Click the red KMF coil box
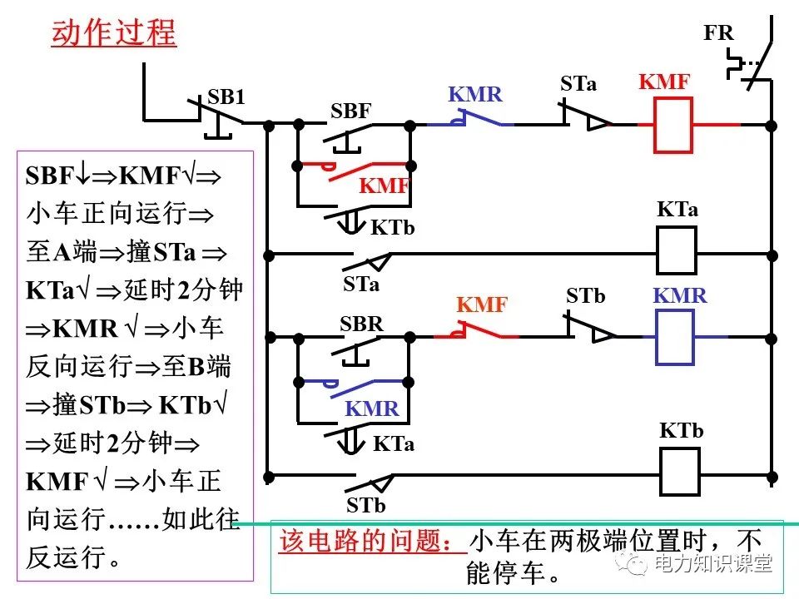click(672, 126)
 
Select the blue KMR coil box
click(675, 337)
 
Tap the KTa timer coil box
click(677, 250)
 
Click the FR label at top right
click(718, 33)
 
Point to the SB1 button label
click(226, 97)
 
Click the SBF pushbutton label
click(350, 111)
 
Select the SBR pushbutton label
click(361, 324)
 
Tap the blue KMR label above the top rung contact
click(475, 94)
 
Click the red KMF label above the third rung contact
click(482, 305)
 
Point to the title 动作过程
click(114, 33)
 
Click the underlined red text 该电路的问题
click(372, 542)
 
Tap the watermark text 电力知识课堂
click(713, 564)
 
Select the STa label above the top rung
click(578, 83)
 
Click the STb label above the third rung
click(585, 296)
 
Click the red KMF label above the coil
click(664, 82)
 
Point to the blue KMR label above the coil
click(679, 295)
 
